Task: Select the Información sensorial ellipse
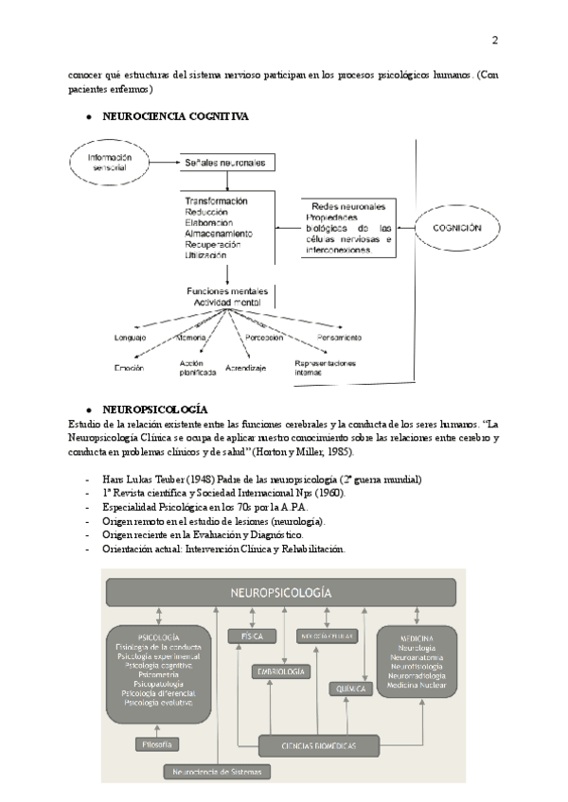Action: coord(110,164)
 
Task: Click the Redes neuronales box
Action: coord(347,228)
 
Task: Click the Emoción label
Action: coord(129,367)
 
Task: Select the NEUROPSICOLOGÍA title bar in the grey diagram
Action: coord(281,593)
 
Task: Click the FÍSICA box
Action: coord(251,637)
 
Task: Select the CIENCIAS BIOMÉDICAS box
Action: coord(319,746)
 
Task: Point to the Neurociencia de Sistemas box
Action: coord(218,771)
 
